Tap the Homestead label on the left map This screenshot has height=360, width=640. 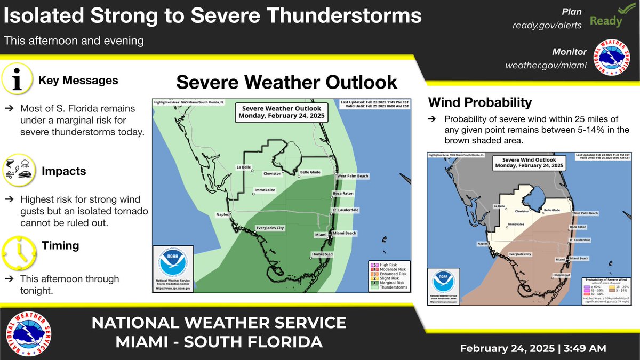(323, 254)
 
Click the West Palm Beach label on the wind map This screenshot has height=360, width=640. (586, 213)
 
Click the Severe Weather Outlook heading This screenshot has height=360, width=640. (286, 82)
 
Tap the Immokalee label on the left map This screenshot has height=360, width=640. (265, 190)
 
